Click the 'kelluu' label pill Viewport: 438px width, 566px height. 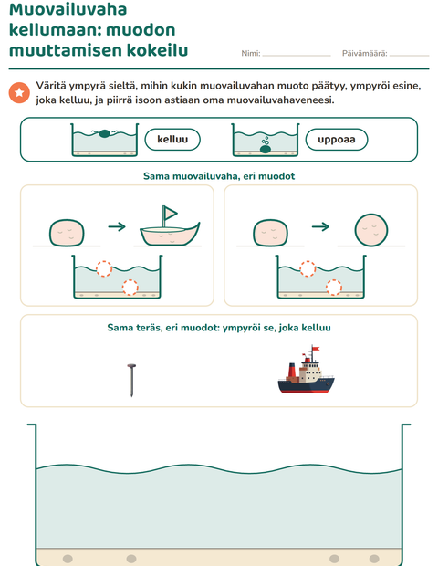pyautogui.click(x=172, y=140)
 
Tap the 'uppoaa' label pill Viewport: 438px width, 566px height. pyautogui.click(x=337, y=140)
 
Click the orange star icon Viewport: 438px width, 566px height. pyautogui.click(x=19, y=93)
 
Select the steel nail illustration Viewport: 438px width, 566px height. pyautogui.click(x=131, y=381)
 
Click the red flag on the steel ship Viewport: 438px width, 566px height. pyautogui.click(x=316, y=349)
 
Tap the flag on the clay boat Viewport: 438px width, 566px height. pyautogui.click(x=169, y=213)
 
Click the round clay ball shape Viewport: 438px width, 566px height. pyautogui.click(x=371, y=230)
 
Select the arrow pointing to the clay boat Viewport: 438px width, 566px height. pyautogui.click(x=117, y=226)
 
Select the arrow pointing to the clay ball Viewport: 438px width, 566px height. pyautogui.click(x=320, y=226)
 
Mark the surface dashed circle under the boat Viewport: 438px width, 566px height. pyautogui.click(x=104, y=268)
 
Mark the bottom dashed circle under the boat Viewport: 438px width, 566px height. pyautogui.click(x=130, y=288)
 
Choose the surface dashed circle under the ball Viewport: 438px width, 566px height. pyautogui.click(x=308, y=268)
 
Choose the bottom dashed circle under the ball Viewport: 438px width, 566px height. pyautogui.click(x=334, y=288)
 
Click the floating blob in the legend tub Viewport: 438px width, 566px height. pyautogui.click(x=104, y=133)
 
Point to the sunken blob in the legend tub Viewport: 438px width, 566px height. pyautogui.click(x=266, y=149)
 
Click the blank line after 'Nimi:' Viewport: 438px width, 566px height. pyautogui.click(x=297, y=56)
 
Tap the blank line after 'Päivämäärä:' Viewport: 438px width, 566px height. pyautogui.click(x=409, y=56)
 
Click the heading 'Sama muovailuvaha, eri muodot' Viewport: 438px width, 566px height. pyautogui.click(x=219, y=176)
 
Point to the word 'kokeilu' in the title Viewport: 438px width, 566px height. pyautogui.click(x=157, y=50)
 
